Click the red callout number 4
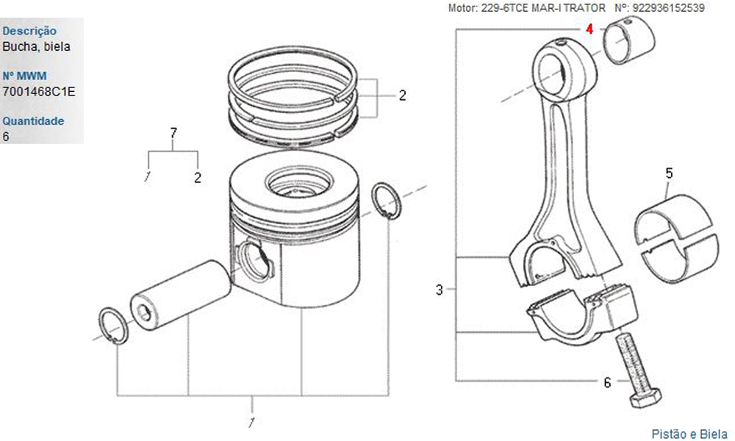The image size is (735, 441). pyautogui.click(x=589, y=29)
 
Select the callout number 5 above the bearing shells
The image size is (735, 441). pyautogui.click(x=669, y=173)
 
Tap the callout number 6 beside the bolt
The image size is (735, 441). pyautogui.click(x=607, y=383)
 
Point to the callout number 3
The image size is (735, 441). pyautogui.click(x=439, y=290)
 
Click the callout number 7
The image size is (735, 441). pyautogui.click(x=173, y=133)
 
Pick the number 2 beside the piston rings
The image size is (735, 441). pyautogui.click(x=402, y=96)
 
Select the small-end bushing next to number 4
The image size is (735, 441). pyautogui.click(x=629, y=40)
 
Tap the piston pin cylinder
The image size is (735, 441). pyautogui.click(x=181, y=294)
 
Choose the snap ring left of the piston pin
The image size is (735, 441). pyautogui.click(x=114, y=326)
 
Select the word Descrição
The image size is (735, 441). pyautogui.click(x=29, y=32)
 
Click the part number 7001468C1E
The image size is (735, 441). pyautogui.click(x=38, y=92)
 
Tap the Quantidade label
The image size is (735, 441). pyautogui.click(x=33, y=121)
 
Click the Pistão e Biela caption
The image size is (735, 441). pyautogui.click(x=689, y=434)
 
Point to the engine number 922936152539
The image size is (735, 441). pyautogui.click(x=668, y=8)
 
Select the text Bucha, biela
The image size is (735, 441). pyautogui.click(x=36, y=47)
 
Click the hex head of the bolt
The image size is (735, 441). pyautogui.click(x=645, y=398)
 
